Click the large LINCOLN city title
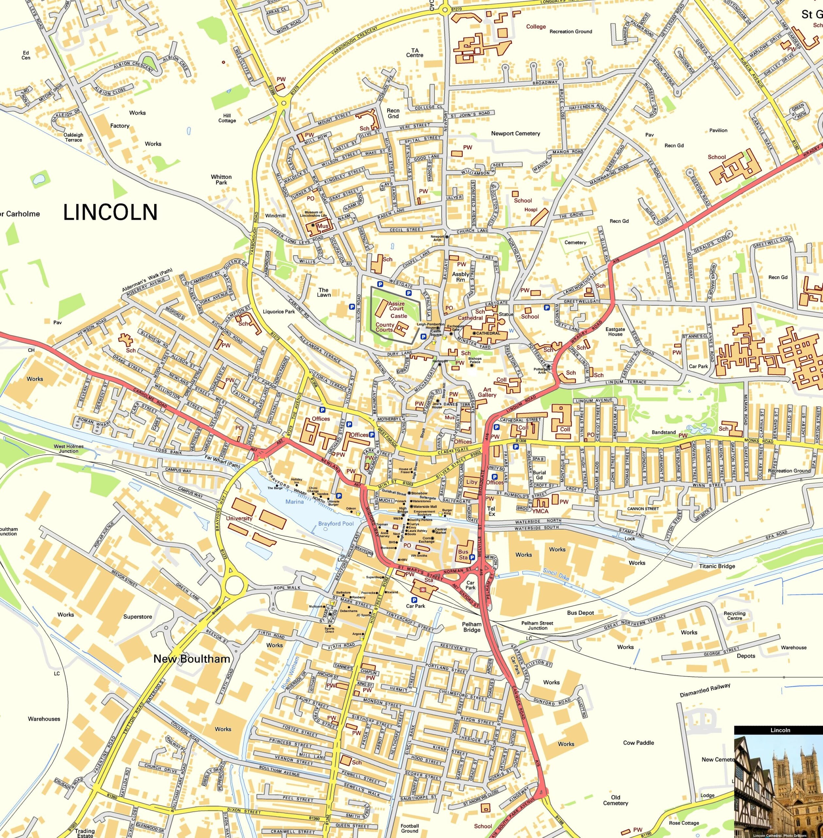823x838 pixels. (110, 212)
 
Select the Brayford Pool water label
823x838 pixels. (336, 523)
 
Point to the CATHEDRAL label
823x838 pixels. (488, 333)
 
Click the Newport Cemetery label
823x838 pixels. (515, 133)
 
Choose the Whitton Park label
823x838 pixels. (221, 179)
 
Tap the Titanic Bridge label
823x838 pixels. (717, 566)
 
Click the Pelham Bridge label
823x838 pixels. (472, 627)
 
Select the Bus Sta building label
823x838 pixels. (464, 554)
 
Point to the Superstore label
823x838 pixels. (137, 616)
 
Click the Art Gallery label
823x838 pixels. (487, 392)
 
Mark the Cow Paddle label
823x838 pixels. (639, 742)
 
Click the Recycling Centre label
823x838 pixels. (735, 616)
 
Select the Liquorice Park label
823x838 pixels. (279, 312)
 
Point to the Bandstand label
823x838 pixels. (663, 432)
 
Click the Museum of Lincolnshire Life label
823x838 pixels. (313, 214)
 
